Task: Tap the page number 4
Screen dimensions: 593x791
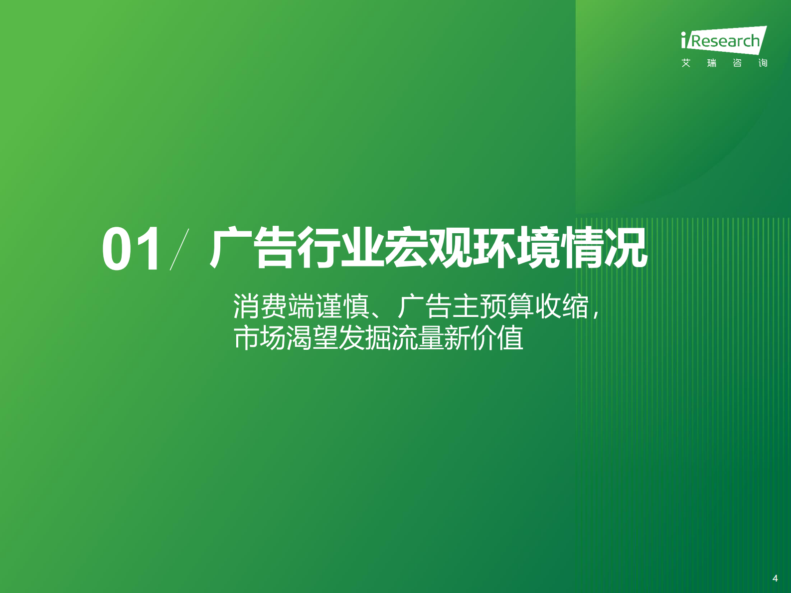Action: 775,578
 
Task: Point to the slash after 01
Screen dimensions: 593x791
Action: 179,249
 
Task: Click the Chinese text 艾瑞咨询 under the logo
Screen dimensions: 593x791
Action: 724,63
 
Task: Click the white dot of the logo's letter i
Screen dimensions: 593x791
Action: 684,34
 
